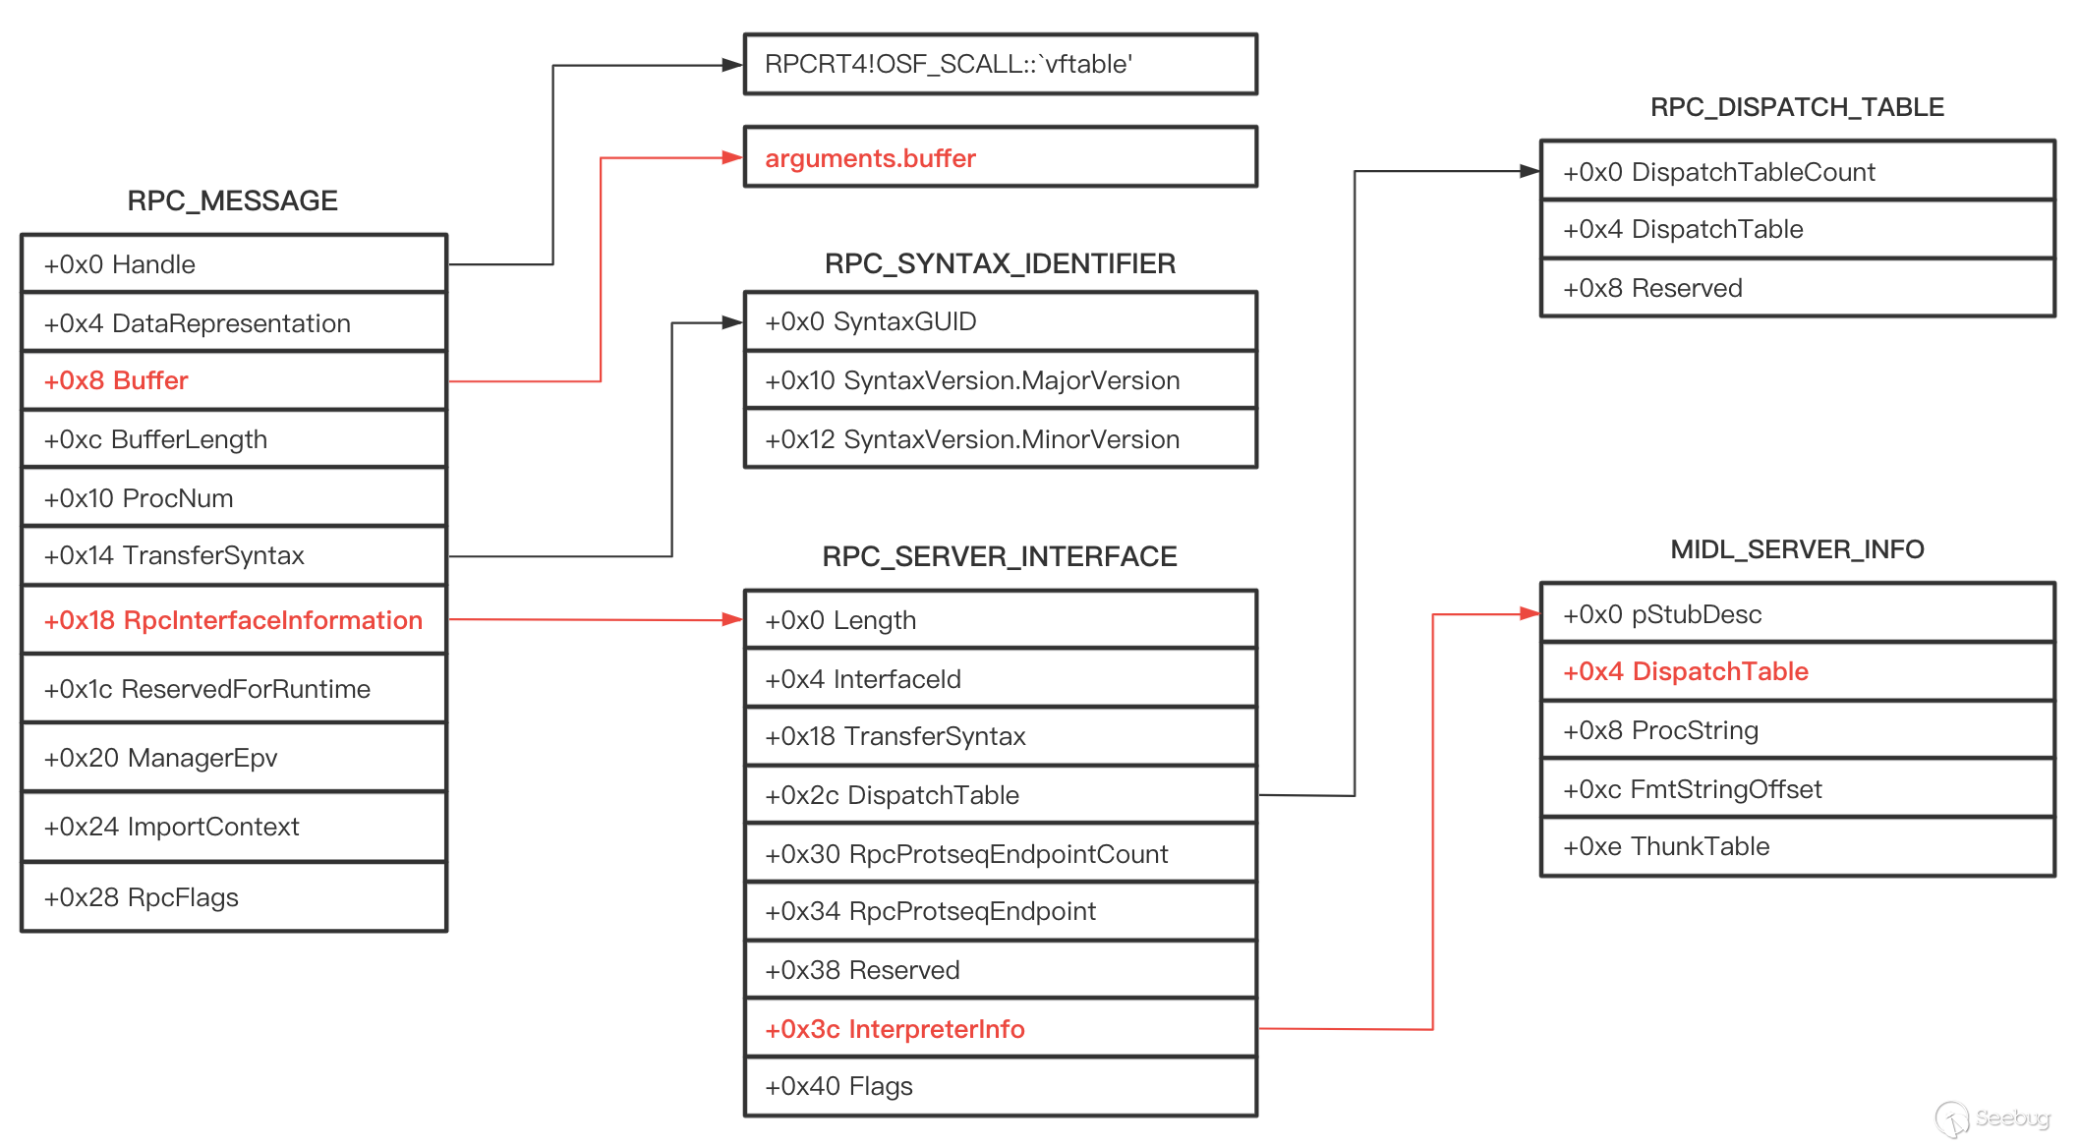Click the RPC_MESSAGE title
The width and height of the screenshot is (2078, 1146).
point(232,201)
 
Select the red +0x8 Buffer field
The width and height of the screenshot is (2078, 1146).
point(234,380)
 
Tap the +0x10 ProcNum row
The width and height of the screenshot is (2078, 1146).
point(234,497)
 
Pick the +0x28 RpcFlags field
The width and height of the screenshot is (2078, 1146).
point(234,896)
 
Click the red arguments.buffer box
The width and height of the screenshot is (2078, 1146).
point(1001,157)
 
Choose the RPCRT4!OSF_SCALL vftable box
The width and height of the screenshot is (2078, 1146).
point(1001,65)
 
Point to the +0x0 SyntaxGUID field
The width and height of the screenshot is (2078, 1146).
point(1001,321)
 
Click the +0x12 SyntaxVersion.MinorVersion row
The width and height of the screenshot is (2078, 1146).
point(1001,438)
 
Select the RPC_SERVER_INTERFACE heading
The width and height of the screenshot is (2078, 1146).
point(1000,556)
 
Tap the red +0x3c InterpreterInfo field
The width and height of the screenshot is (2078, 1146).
point(1001,1028)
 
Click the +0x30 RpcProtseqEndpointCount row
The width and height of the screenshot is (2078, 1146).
point(1001,853)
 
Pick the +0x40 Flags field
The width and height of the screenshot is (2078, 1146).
point(1001,1086)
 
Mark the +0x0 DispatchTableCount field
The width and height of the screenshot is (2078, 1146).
point(1797,171)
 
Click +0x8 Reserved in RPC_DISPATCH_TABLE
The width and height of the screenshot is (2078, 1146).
point(1797,287)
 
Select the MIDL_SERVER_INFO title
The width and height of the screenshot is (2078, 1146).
point(1797,549)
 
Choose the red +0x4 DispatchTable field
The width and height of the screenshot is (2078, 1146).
point(1797,671)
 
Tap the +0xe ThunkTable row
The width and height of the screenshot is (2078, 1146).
point(1797,846)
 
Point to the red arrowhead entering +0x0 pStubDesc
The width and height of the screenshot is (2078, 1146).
point(1530,614)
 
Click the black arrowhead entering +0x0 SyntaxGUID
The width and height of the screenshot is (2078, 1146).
point(733,322)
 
